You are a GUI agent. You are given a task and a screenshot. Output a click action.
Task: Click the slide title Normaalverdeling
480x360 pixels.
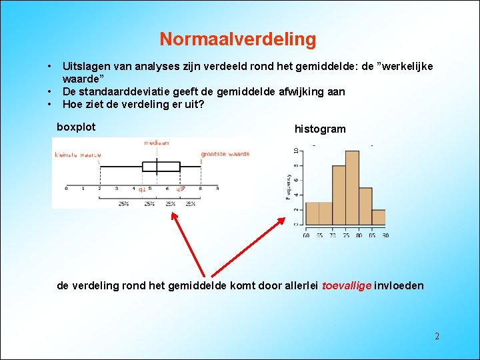(237, 39)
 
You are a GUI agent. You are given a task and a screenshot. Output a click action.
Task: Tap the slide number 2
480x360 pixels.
(437, 336)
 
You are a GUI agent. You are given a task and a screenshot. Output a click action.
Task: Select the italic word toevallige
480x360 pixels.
(346, 286)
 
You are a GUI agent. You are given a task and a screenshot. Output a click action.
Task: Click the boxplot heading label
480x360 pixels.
(76, 127)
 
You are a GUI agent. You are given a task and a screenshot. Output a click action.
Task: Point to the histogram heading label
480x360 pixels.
(320, 129)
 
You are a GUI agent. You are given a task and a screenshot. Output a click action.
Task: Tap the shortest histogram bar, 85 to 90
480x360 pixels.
(378, 217)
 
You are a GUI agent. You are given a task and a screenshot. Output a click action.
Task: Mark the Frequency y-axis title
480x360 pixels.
(288, 187)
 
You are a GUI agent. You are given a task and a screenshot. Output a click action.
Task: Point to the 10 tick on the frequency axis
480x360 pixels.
(296, 152)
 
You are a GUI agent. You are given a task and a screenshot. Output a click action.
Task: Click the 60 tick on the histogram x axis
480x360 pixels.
(306, 235)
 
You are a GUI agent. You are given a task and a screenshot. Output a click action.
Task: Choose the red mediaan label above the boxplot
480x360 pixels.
(157, 143)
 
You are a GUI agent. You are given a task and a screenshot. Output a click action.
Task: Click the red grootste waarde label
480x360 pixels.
(225, 154)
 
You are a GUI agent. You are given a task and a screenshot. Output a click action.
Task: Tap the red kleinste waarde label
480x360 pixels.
(77, 155)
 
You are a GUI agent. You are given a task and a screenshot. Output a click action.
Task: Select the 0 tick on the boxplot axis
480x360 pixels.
(66, 189)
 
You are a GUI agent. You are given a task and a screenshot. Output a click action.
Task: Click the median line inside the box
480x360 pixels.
(157, 167)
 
